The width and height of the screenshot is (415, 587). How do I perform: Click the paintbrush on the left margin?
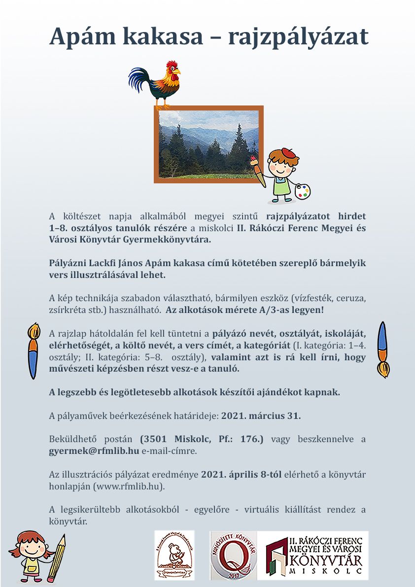(33, 350)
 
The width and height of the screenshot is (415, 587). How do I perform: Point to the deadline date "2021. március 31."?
(261, 415)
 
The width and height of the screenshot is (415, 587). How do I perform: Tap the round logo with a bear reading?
(174, 555)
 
